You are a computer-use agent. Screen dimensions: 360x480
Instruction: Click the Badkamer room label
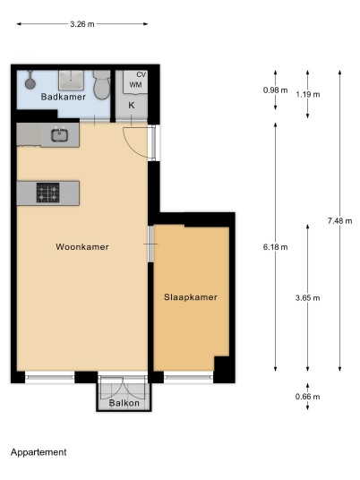(x=64, y=97)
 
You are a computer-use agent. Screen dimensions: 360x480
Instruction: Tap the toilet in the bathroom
(x=101, y=85)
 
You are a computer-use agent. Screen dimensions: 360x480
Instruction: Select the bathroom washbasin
(x=71, y=81)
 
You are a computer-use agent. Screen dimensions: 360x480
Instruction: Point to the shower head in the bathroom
(x=30, y=81)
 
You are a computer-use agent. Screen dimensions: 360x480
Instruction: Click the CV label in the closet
(x=141, y=74)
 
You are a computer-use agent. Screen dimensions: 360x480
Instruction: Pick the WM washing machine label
(x=135, y=84)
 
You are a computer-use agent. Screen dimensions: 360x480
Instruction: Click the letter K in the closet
(x=132, y=106)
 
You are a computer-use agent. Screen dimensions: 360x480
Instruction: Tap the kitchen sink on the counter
(x=59, y=135)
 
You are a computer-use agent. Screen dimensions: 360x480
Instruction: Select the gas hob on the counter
(x=48, y=193)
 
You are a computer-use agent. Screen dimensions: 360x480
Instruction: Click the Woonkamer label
(x=82, y=247)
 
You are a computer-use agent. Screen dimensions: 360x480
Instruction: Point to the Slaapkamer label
(x=191, y=297)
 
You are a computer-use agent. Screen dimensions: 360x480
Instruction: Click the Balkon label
(x=124, y=403)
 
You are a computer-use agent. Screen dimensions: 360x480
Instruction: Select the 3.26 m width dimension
(x=82, y=24)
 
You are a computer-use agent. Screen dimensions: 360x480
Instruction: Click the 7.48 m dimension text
(x=339, y=220)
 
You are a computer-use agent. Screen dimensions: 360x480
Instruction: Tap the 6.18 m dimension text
(x=275, y=247)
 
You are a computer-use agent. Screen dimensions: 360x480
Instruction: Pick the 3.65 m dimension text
(x=308, y=297)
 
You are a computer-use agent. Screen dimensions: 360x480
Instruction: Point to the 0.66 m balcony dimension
(x=308, y=397)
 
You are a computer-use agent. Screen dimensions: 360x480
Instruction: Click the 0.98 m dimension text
(x=275, y=90)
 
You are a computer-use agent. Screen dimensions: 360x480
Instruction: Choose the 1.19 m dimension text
(x=308, y=94)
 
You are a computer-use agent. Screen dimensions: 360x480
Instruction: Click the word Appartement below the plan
(x=39, y=452)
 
